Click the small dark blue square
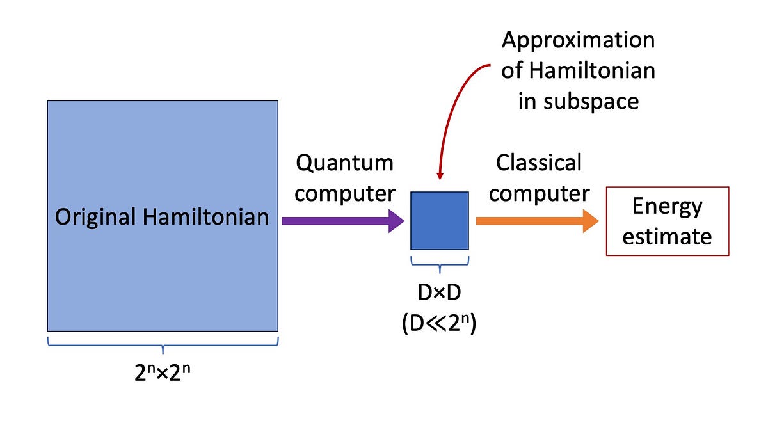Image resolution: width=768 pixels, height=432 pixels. (x=439, y=221)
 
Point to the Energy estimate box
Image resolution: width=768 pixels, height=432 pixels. (x=667, y=221)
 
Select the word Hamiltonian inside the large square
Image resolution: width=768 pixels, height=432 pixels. (x=205, y=217)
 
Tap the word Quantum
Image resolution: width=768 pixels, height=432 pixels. (x=344, y=163)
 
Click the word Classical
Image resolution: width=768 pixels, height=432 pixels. (x=539, y=163)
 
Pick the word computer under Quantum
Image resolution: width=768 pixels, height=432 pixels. (x=344, y=193)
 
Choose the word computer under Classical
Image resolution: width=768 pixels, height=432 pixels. (x=539, y=193)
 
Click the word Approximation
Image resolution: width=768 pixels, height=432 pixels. (x=578, y=40)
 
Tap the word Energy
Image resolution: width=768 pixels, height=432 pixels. (x=667, y=206)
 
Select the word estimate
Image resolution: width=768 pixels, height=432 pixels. (x=667, y=236)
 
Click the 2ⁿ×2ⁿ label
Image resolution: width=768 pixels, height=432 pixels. (x=163, y=372)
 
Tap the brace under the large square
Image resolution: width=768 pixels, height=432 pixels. (x=163, y=346)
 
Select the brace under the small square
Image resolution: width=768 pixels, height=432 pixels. (x=439, y=262)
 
